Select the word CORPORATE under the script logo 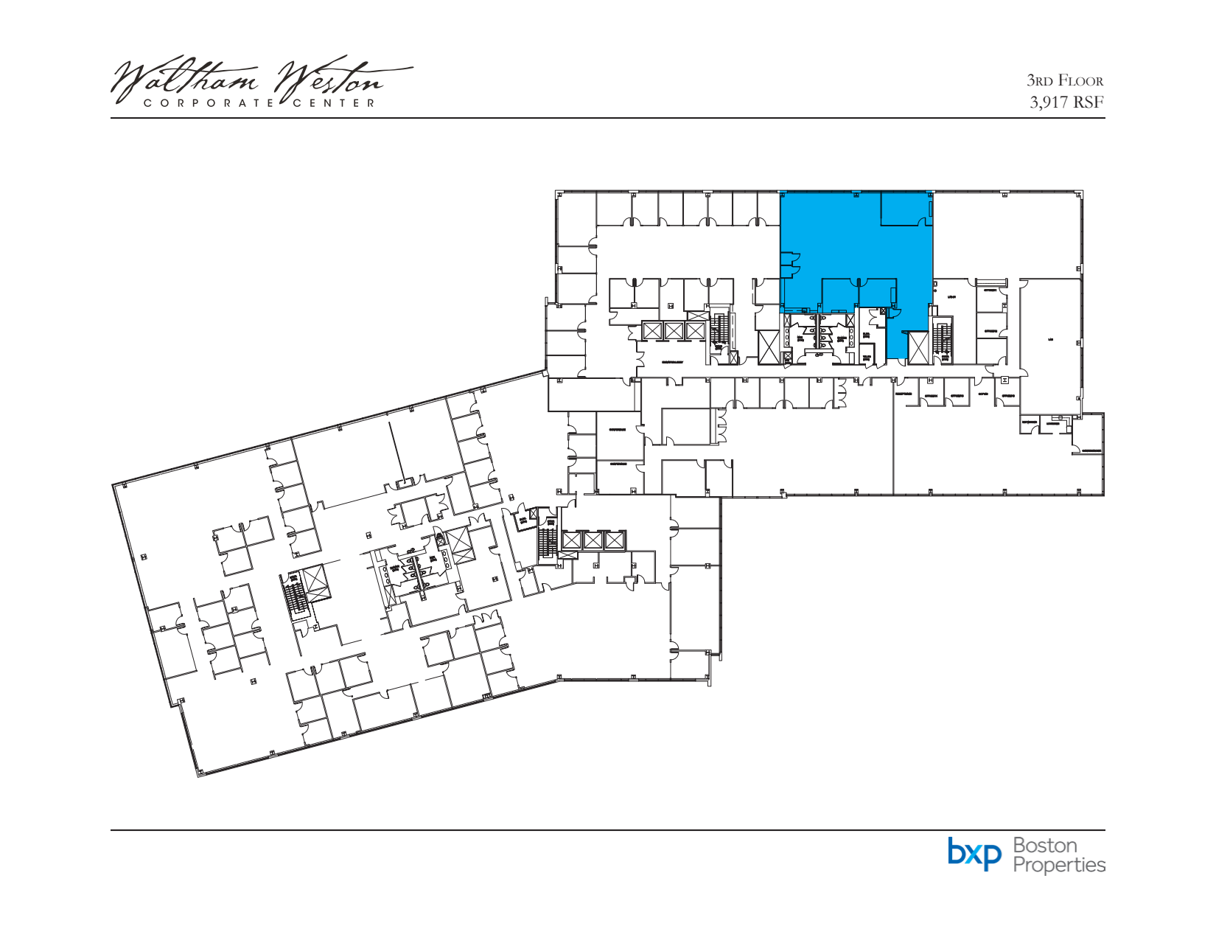pos(209,103)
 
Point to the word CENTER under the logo pos(335,103)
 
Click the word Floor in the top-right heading pos(1080,81)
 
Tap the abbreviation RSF pos(1089,102)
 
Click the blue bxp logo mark pos(975,853)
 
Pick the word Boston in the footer pos(1045,845)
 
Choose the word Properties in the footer pos(1059,864)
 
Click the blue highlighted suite pos(848,243)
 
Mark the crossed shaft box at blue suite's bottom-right pos(919,347)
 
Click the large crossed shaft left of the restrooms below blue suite pos(769,347)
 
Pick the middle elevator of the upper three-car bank pos(674,330)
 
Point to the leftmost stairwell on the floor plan pos(296,594)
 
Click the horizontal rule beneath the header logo pos(608,118)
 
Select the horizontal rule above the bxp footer pos(608,830)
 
